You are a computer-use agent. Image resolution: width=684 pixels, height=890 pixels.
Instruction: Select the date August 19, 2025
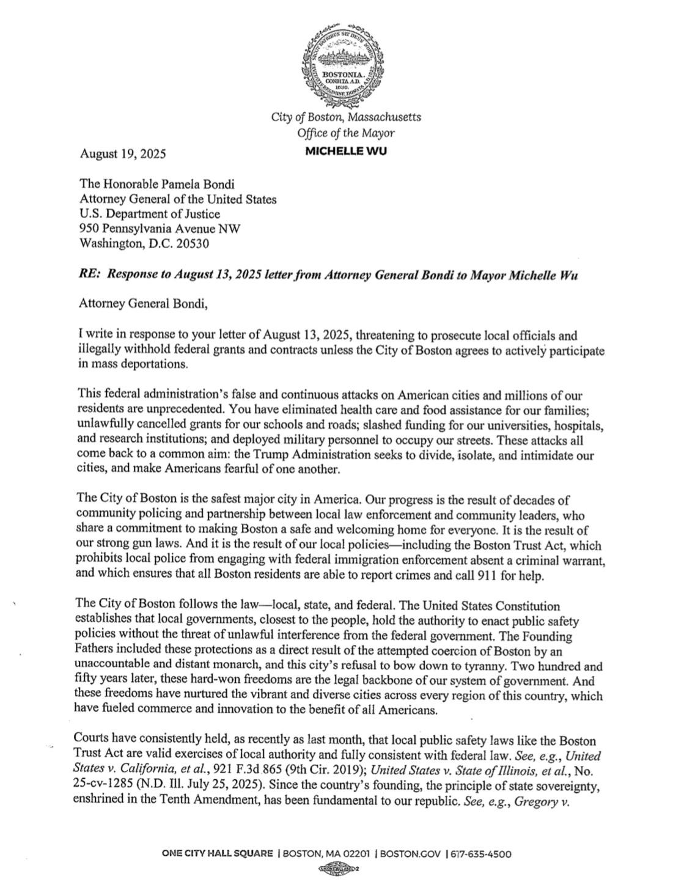pos(122,154)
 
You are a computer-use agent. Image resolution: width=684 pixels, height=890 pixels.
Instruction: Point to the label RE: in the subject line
pos(89,274)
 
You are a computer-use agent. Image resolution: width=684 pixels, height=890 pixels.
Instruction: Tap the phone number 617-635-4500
pos(481,854)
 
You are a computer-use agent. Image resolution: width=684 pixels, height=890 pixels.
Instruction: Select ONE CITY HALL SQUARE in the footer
pos(217,854)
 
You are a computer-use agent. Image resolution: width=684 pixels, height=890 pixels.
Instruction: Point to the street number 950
pos(89,229)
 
